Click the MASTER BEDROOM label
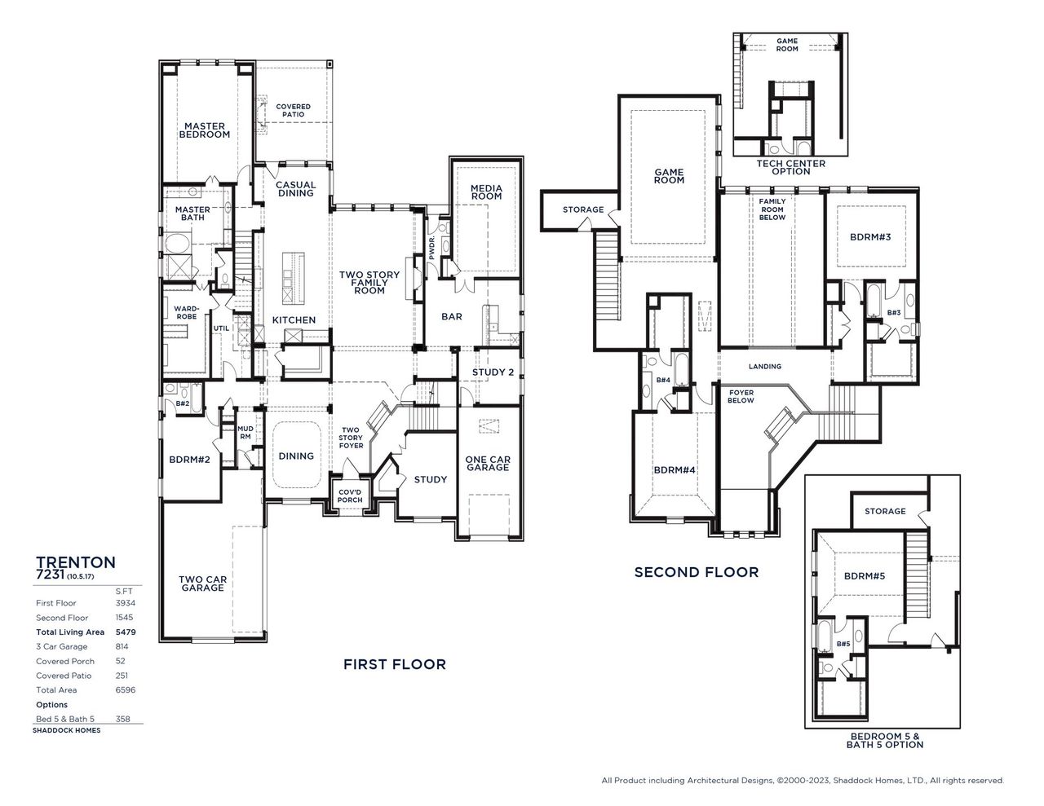pos(204,130)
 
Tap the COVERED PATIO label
pos(293,111)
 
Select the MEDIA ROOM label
pos(486,192)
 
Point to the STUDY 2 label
pos(493,373)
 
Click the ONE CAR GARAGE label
pos(488,464)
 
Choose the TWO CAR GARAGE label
pos(202,584)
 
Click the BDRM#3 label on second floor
pos(870,237)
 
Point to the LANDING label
pos(764,367)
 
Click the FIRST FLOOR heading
pos(395,664)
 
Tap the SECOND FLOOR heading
pos(696,572)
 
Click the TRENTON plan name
pos(76,562)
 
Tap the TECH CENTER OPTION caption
pos(790,168)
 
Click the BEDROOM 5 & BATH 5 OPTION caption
pos(884,740)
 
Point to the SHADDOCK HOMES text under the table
pos(67,731)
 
